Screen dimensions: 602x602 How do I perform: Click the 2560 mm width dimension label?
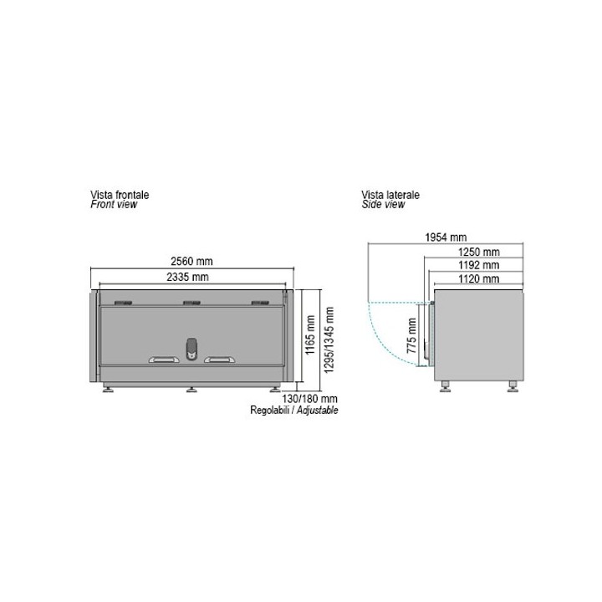click(x=192, y=262)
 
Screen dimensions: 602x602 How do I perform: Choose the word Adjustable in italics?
click(x=319, y=411)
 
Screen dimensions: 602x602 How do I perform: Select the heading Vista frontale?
click(x=120, y=194)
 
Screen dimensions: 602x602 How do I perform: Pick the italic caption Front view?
click(x=114, y=204)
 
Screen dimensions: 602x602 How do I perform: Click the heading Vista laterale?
click(x=390, y=194)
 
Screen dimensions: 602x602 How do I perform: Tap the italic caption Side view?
click(x=383, y=204)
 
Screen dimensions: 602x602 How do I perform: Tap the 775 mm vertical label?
click(x=411, y=336)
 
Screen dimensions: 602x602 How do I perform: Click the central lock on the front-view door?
click(x=191, y=349)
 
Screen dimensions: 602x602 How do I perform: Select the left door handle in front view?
click(x=163, y=360)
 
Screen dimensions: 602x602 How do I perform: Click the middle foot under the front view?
click(x=191, y=388)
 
